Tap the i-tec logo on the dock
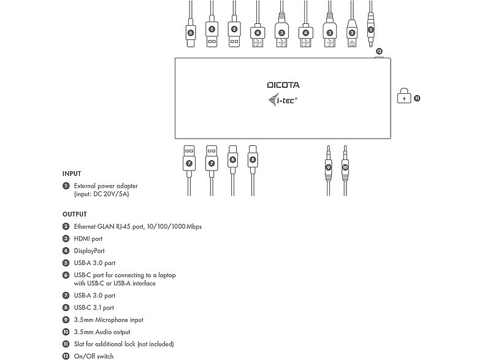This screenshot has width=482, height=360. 283,100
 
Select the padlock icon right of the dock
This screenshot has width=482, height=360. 404,96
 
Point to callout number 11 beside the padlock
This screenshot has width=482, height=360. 417,97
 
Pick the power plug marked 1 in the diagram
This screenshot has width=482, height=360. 370,28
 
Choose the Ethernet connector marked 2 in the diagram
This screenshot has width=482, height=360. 352,31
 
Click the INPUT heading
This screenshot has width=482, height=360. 72,174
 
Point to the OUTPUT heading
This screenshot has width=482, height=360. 74,215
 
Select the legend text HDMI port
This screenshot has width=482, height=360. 88,239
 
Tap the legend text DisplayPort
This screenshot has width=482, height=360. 89,251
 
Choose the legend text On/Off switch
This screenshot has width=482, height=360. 94,356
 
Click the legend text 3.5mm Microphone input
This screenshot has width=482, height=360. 109,320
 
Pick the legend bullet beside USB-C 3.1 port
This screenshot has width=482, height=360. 66,308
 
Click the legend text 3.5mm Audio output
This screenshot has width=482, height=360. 102,332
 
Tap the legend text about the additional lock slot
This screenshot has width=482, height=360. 124,343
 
